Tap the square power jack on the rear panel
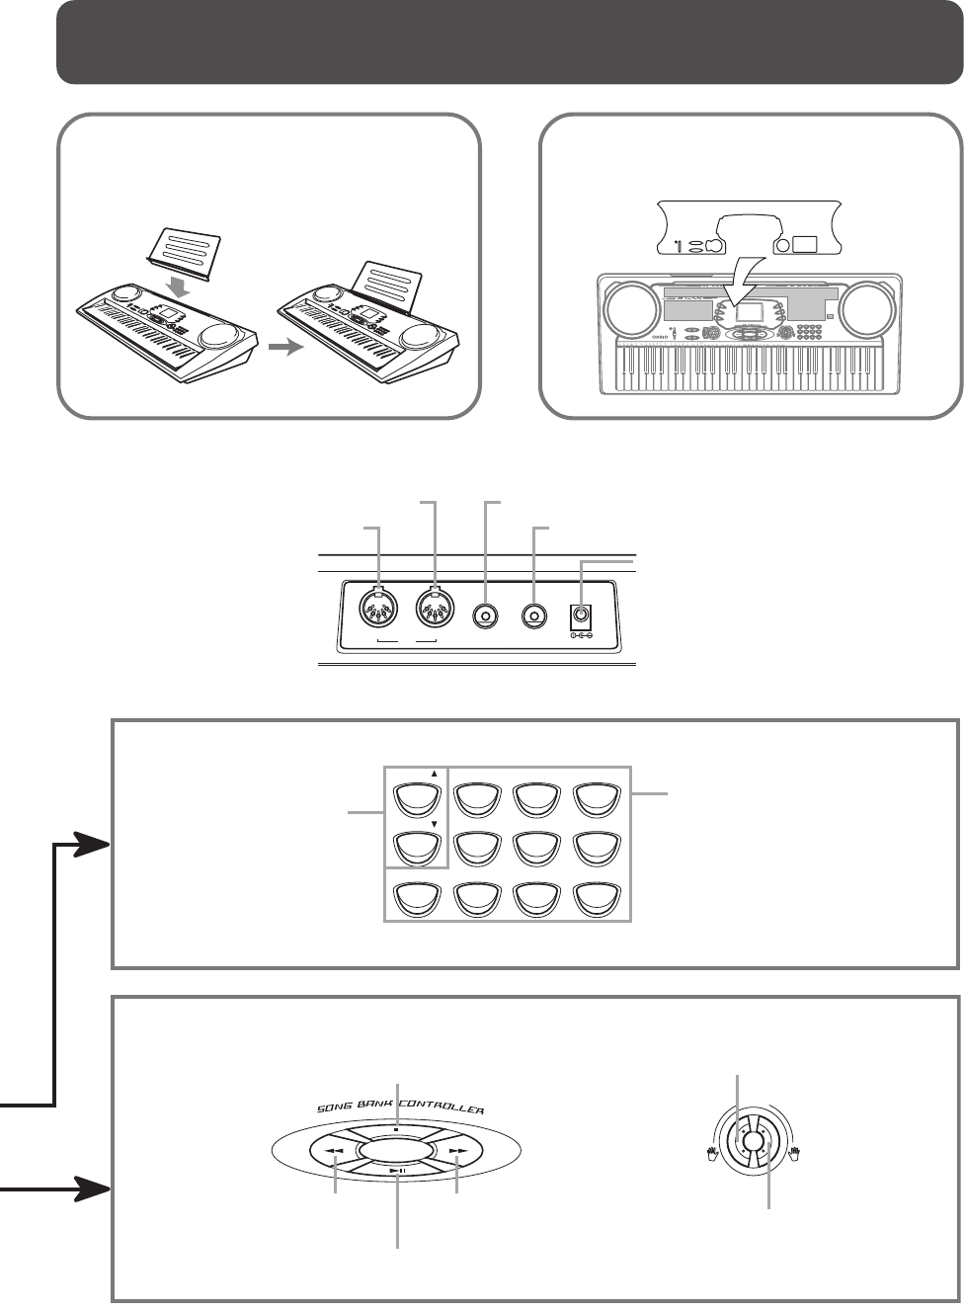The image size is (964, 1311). click(580, 615)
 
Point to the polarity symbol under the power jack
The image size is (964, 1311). click(580, 635)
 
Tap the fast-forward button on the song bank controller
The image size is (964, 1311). click(456, 1152)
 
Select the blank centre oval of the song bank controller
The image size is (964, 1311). click(396, 1152)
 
